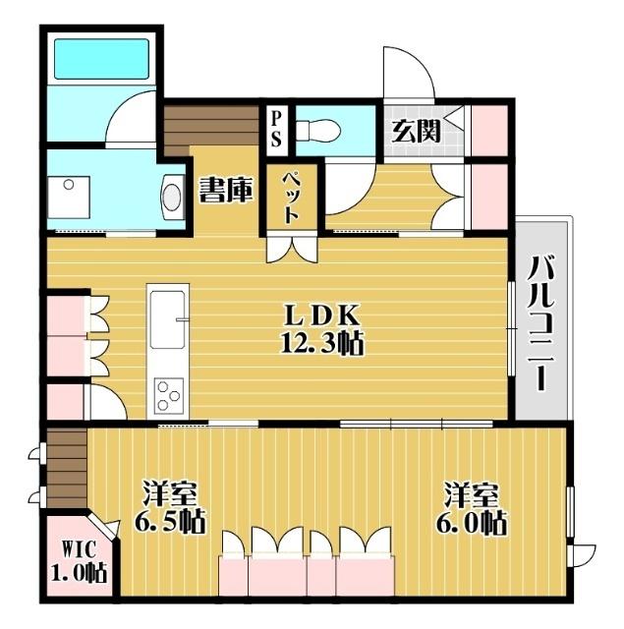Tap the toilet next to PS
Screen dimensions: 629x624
pos(316,129)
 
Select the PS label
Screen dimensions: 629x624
pos(276,128)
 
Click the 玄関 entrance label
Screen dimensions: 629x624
pos(416,131)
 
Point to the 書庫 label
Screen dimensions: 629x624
pos(225,191)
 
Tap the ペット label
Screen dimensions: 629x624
pos(292,200)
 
